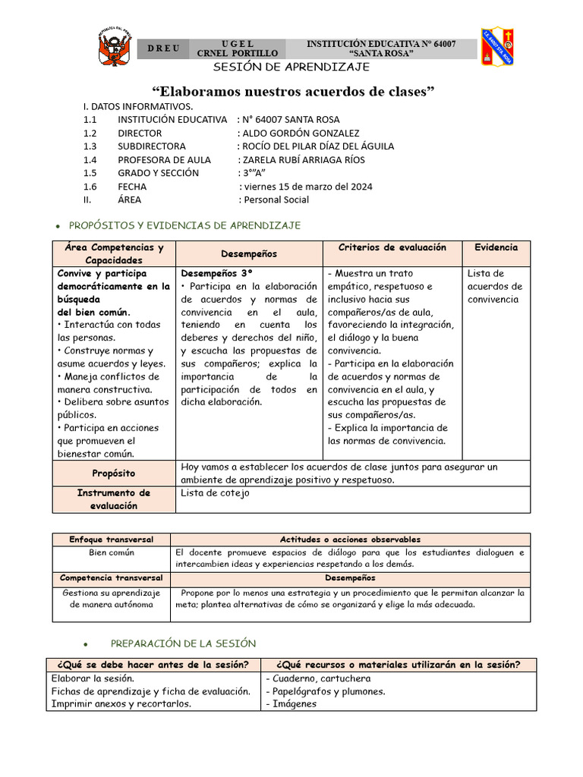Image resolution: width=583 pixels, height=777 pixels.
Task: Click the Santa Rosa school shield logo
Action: coord(497,46)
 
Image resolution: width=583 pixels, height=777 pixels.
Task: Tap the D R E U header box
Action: coord(163,49)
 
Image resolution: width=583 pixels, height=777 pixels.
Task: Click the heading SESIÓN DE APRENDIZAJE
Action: coord(291,67)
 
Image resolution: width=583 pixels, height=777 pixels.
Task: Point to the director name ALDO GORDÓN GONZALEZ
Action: coord(298,133)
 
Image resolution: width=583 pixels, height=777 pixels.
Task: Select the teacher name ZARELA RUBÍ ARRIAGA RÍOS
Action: coord(301,159)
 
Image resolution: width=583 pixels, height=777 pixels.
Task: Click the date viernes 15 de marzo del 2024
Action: coord(306,186)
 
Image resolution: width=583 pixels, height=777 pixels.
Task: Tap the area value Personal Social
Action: coord(274,200)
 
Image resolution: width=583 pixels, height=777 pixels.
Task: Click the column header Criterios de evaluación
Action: coord(392,247)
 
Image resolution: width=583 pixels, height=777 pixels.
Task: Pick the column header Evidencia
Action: coord(496,247)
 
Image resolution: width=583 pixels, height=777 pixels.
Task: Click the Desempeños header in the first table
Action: coord(248,253)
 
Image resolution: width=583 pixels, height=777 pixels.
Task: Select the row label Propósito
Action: coord(114,473)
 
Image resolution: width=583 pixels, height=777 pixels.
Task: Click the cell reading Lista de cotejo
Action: coord(215,493)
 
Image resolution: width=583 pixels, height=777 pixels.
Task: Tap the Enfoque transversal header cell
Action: coord(112,539)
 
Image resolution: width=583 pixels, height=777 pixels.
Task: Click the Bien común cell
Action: coord(112,552)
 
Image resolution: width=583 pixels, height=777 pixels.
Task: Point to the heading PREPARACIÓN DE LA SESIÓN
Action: coord(184,643)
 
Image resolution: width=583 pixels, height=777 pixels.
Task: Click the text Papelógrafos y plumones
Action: coord(326,690)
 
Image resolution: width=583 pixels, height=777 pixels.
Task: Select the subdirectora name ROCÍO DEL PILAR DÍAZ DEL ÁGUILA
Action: coord(316,146)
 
